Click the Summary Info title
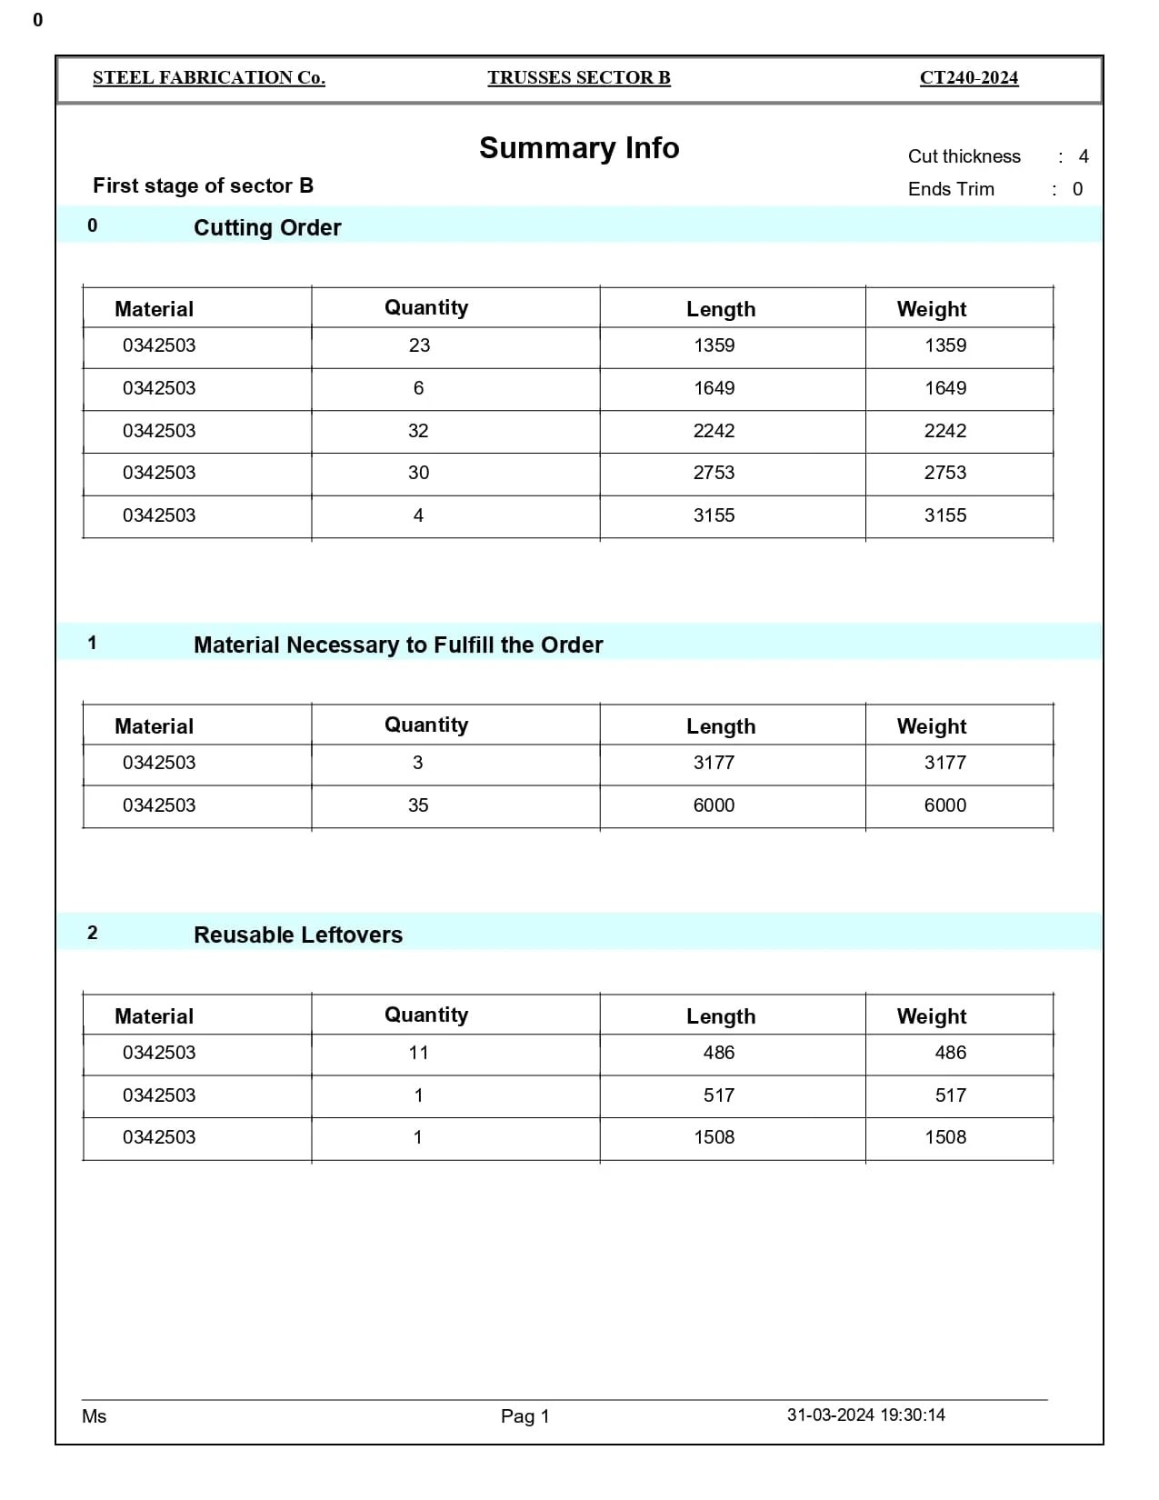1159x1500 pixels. click(x=579, y=148)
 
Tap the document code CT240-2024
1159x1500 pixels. click(x=968, y=78)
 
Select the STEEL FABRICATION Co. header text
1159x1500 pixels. click(x=208, y=78)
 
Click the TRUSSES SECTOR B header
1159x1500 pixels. click(x=578, y=78)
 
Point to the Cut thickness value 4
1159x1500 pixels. click(x=1083, y=156)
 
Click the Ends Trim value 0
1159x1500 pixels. click(x=1077, y=189)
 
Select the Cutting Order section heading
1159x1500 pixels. click(x=267, y=227)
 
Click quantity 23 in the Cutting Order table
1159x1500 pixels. click(x=419, y=345)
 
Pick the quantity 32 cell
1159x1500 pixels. click(x=418, y=431)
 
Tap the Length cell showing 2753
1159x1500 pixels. click(x=714, y=473)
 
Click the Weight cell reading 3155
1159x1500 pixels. click(x=944, y=515)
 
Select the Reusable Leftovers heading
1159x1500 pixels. click(x=297, y=935)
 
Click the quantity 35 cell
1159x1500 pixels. click(x=418, y=805)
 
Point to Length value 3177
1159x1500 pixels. click(x=714, y=763)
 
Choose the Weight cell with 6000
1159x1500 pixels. click(x=944, y=805)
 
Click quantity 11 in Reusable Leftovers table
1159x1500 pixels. click(x=418, y=1053)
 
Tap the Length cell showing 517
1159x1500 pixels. click(x=718, y=1095)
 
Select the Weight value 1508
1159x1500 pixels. click(x=944, y=1137)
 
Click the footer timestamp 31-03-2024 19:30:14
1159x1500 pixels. click(x=865, y=1415)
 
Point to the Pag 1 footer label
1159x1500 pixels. click(x=525, y=1416)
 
